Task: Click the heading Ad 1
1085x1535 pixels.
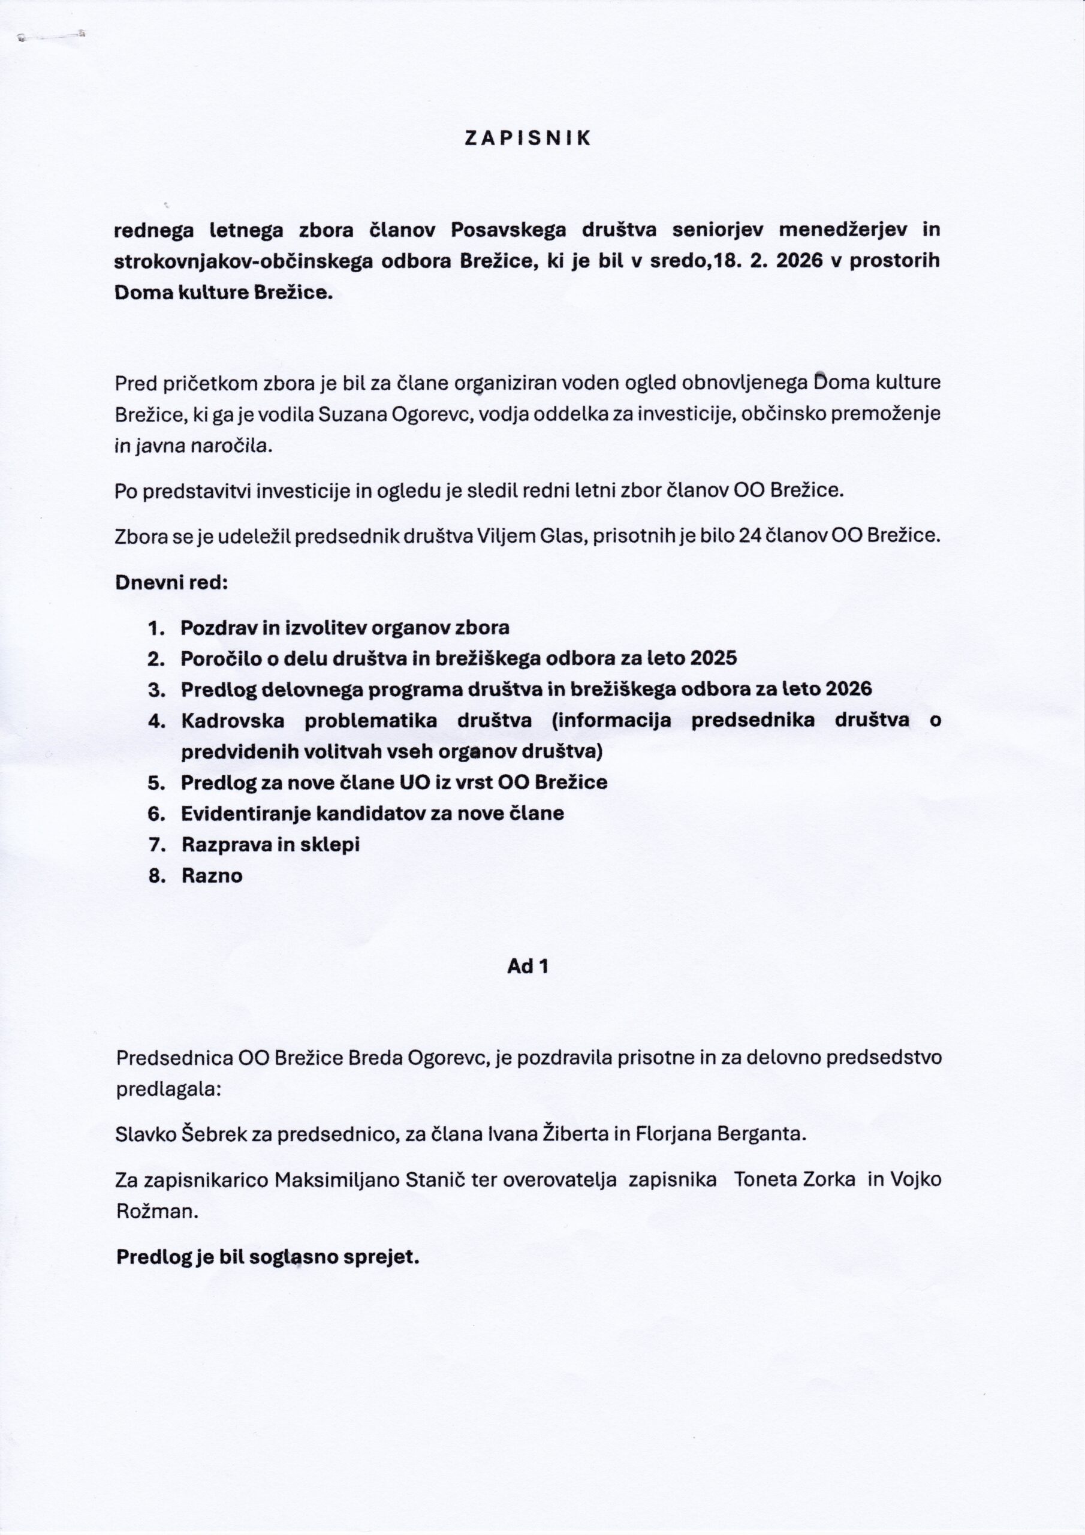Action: tap(528, 966)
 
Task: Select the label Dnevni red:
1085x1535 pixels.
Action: tap(172, 582)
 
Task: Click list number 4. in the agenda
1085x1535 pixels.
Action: tap(156, 721)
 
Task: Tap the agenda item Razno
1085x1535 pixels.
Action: tap(212, 876)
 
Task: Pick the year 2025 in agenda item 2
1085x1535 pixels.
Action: tap(713, 658)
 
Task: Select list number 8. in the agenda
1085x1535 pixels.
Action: tap(157, 876)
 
